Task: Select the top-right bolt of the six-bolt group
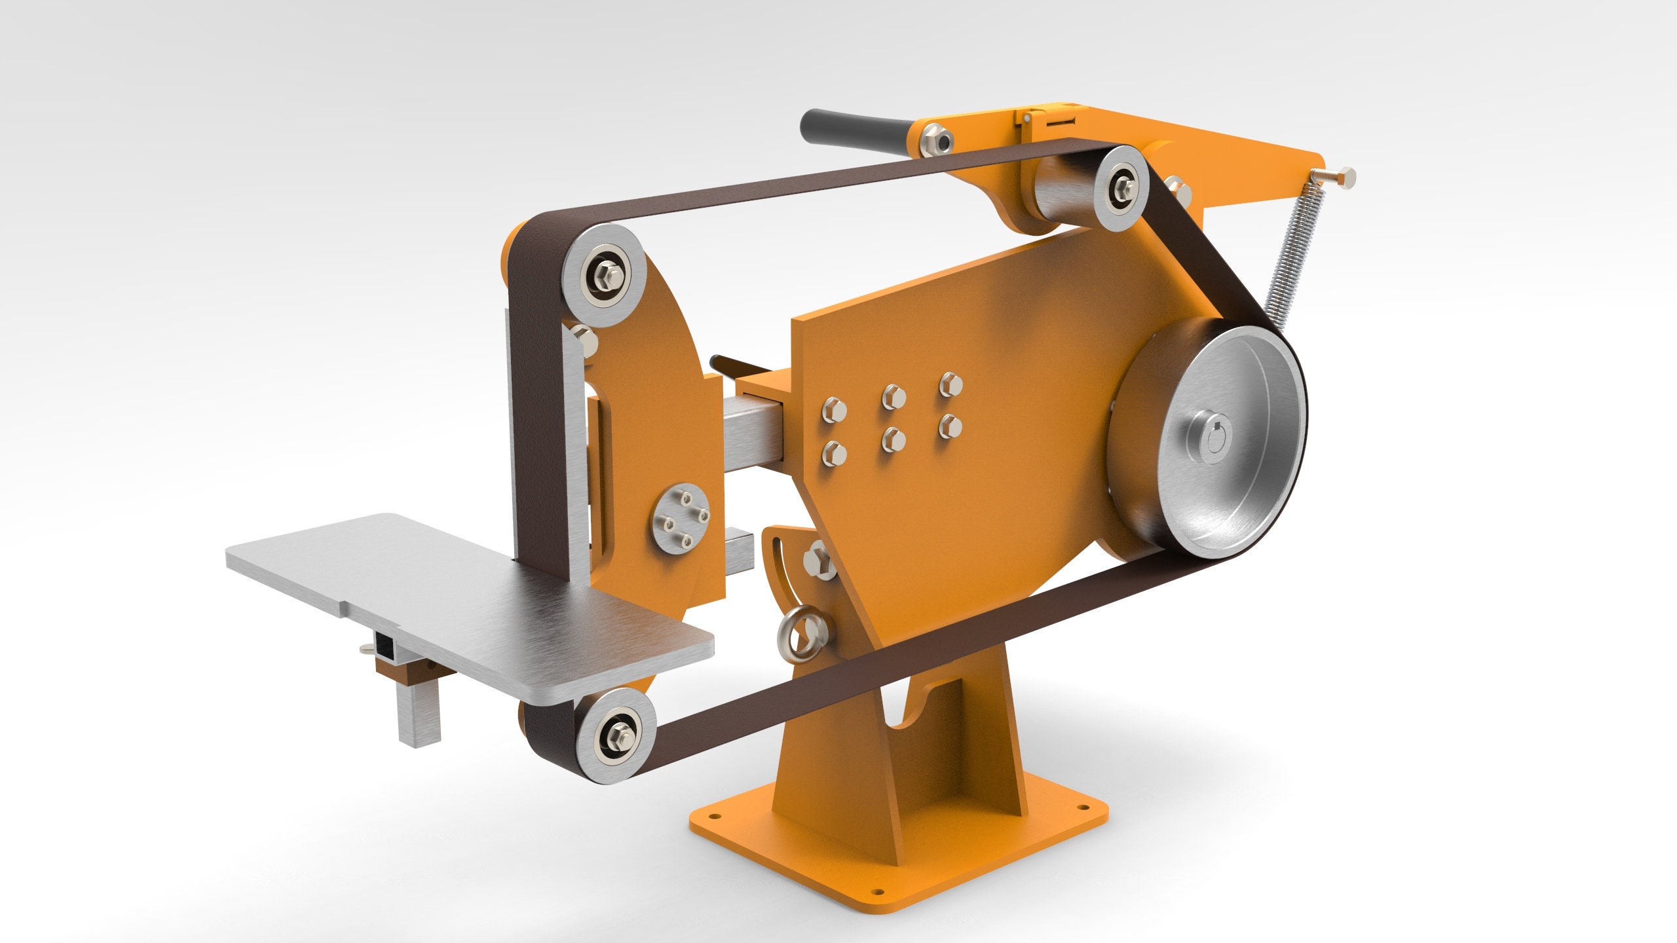(949, 384)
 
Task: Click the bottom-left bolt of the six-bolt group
(833, 454)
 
